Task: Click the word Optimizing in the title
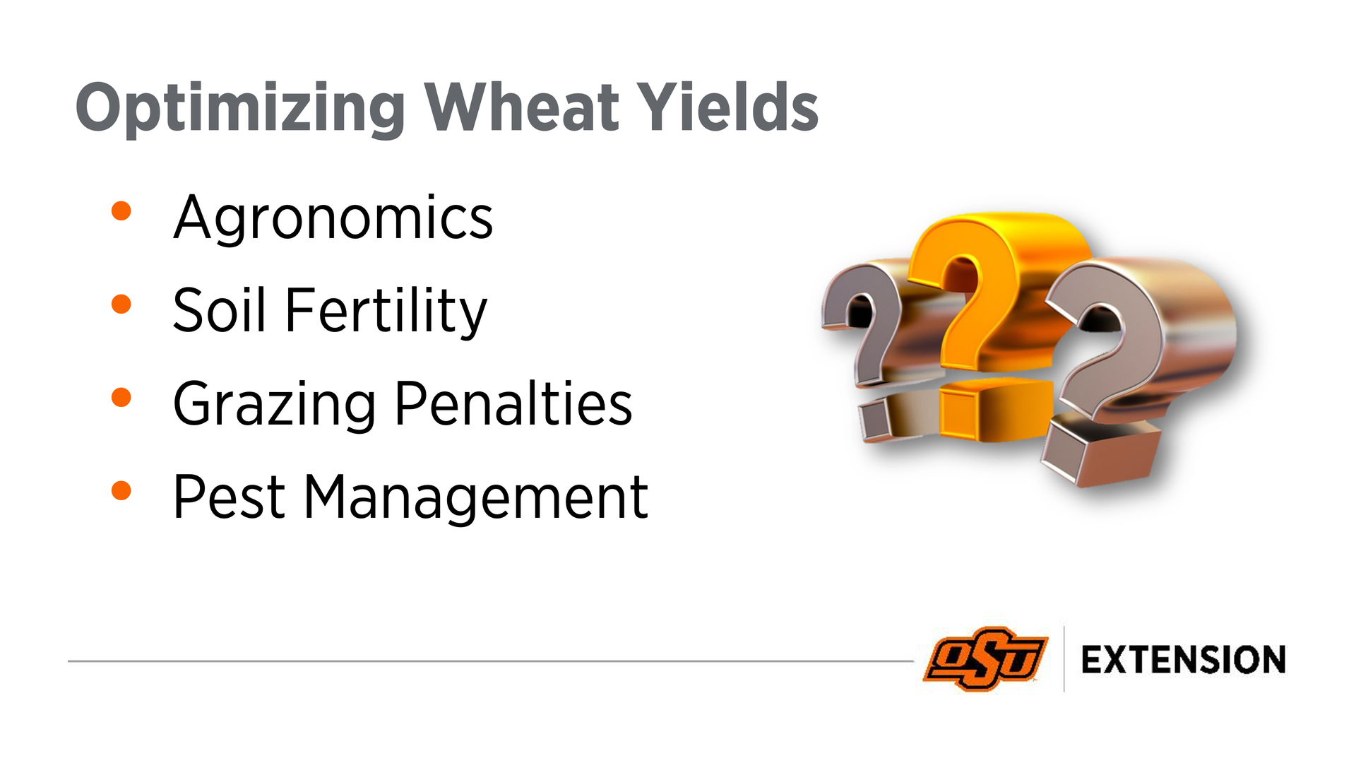pyautogui.click(x=240, y=108)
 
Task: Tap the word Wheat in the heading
pyautogui.click(x=521, y=107)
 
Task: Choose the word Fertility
pyautogui.click(x=386, y=312)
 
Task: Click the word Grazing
pyautogui.click(x=274, y=405)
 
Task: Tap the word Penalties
pyautogui.click(x=513, y=403)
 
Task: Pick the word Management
pyautogui.click(x=476, y=499)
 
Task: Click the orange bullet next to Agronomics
pyautogui.click(x=121, y=211)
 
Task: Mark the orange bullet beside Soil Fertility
pyautogui.click(x=121, y=304)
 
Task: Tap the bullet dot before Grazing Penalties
pyautogui.click(x=121, y=397)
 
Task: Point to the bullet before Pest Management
pyautogui.click(x=121, y=490)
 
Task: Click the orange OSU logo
pyautogui.click(x=986, y=658)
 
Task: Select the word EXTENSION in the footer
pyautogui.click(x=1184, y=660)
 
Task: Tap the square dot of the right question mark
pyautogui.click(x=1102, y=451)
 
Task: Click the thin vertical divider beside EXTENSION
pyautogui.click(x=1064, y=658)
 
